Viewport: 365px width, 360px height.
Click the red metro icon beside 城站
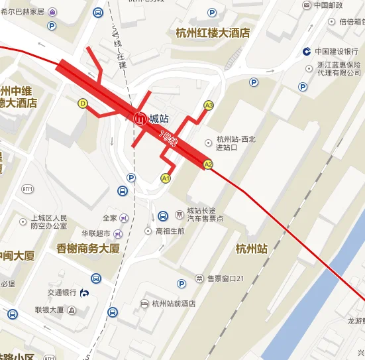click(140, 119)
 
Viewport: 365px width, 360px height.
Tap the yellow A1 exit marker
click(166, 178)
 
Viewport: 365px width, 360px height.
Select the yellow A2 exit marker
click(208, 164)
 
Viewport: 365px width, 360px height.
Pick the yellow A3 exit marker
click(209, 105)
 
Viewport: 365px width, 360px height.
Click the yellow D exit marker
click(83, 103)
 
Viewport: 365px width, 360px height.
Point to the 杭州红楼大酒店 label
click(213, 32)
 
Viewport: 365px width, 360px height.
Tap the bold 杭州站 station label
click(251, 249)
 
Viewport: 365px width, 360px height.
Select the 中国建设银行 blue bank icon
click(307, 52)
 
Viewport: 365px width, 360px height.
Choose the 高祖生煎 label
click(170, 231)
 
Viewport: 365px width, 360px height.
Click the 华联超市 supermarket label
click(95, 233)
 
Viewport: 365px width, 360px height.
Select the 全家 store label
click(110, 218)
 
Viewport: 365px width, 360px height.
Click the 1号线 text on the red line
click(170, 139)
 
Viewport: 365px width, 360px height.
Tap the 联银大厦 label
click(49, 310)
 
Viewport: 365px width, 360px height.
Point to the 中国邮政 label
click(328, 5)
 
